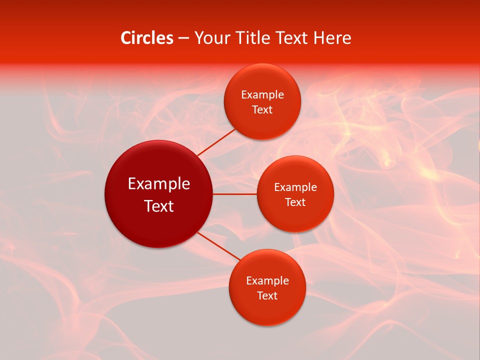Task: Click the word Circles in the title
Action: point(146,38)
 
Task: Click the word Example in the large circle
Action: point(159,184)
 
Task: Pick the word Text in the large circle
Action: point(159,206)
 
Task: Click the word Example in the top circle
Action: point(262,95)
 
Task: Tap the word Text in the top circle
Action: point(262,110)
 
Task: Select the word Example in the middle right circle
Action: point(295,187)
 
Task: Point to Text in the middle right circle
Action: point(295,202)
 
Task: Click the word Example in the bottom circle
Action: point(267,281)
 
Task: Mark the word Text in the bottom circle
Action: point(267,296)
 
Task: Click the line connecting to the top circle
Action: point(216,142)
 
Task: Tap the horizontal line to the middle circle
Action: point(234,194)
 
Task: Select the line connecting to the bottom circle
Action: point(219,245)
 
